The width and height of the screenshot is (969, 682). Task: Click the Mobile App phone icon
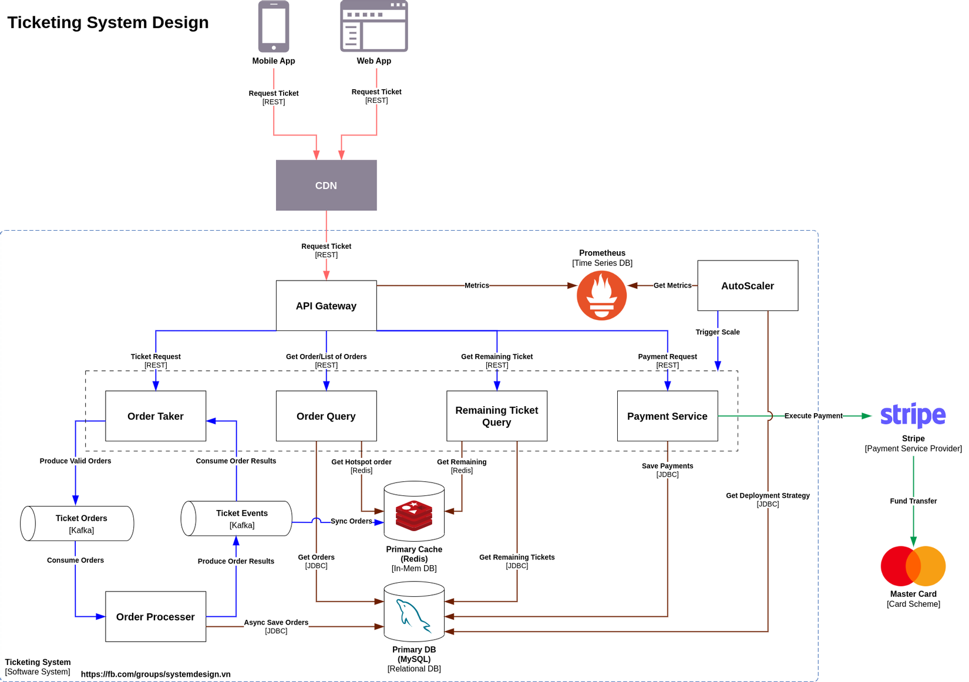pyautogui.click(x=274, y=26)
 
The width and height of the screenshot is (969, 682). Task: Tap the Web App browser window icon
pyautogui.click(x=374, y=26)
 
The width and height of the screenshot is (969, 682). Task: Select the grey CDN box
pyautogui.click(x=326, y=185)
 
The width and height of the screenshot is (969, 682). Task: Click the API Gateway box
pyautogui.click(x=326, y=306)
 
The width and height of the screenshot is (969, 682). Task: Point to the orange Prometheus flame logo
pyautogui.click(x=601, y=295)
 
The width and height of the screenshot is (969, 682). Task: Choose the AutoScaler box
pyautogui.click(x=747, y=286)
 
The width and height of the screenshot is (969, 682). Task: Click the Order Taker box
pyautogui.click(x=156, y=416)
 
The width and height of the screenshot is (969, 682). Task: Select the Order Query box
pyautogui.click(x=326, y=416)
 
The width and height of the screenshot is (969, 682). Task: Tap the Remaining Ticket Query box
pyautogui.click(x=497, y=416)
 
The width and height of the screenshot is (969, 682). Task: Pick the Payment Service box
pyautogui.click(x=667, y=416)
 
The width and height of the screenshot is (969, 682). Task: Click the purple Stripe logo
pyautogui.click(x=913, y=415)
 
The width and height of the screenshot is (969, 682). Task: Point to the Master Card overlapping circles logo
pyautogui.click(x=913, y=566)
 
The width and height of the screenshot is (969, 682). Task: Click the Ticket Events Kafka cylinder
pyautogui.click(x=237, y=518)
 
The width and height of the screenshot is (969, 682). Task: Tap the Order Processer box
pyautogui.click(x=156, y=617)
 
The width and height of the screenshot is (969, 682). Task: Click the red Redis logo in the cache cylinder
pyautogui.click(x=414, y=515)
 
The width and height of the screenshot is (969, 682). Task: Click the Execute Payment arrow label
pyautogui.click(x=813, y=416)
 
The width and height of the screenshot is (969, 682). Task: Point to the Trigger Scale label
pyautogui.click(x=717, y=332)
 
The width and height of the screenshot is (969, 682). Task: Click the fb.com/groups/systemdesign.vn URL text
pyautogui.click(x=156, y=674)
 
